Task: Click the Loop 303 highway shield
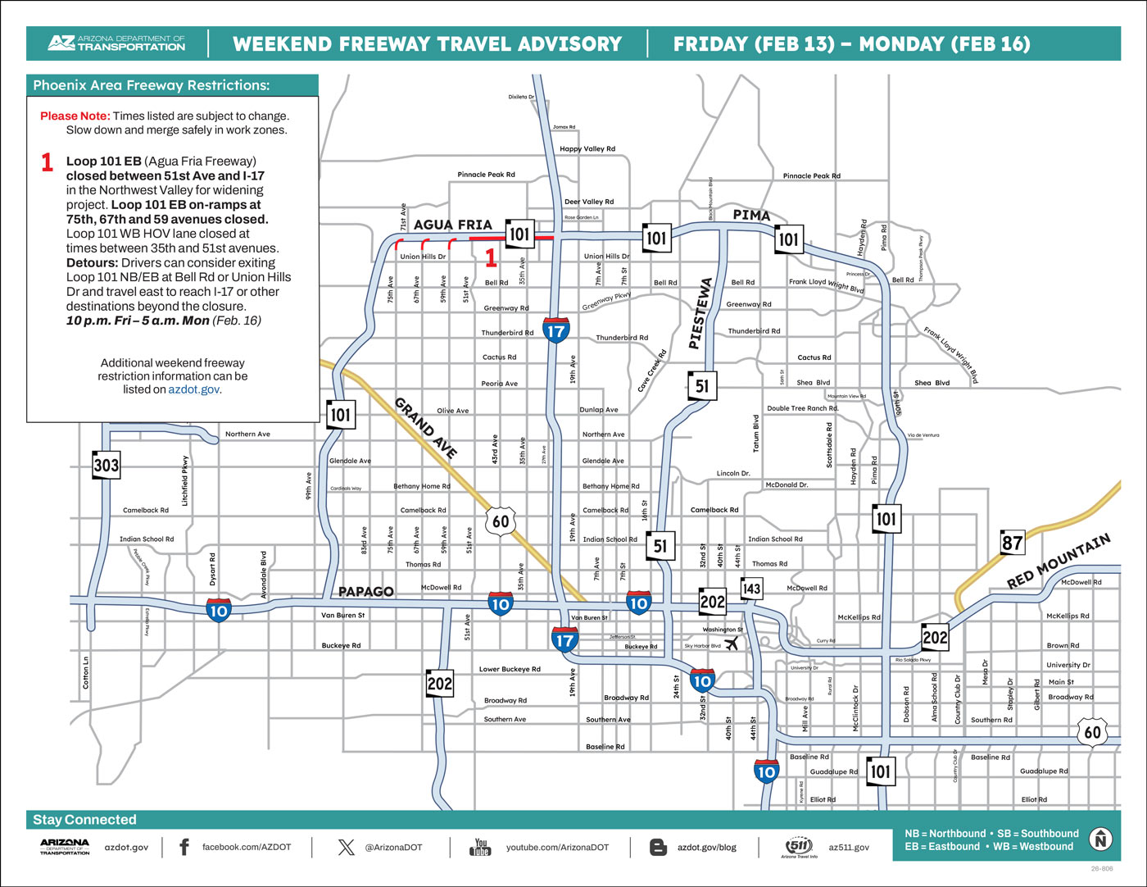coord(107,466)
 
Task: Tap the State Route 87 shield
coord(1013,543)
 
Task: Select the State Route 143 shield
coord(751,589)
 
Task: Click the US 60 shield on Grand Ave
coord(501,521)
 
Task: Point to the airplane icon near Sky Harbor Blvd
coord(732,644)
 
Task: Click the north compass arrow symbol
coord(1100,839)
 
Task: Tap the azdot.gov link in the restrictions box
coord(194,389)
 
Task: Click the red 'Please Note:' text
coord(75,116)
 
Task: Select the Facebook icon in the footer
coord(184,847)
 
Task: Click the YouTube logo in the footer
coord(481,847)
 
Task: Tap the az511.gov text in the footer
coord(849,847)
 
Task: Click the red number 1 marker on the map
coord(491,258)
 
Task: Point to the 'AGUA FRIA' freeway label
coord(453,225)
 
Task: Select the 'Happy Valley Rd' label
coord(587,149)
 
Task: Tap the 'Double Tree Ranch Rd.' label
coord(803,408)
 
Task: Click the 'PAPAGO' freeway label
coord(366,591)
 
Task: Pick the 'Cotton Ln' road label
coord(86,672)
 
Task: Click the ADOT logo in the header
coord(116,43)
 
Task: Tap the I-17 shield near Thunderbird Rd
coord(555,331)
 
